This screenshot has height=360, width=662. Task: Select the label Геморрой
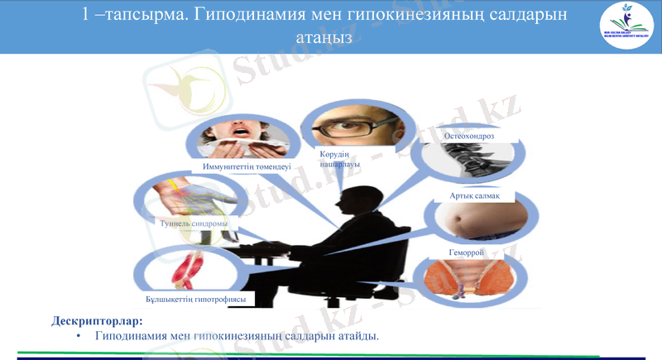click(x=467, y=252)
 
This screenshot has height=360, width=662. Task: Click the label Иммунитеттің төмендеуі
click(x=247, y=166)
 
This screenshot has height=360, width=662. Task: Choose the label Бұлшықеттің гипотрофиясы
click(x=195, y=298)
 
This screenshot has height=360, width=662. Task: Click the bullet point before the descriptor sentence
click(x=78, y=336)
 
